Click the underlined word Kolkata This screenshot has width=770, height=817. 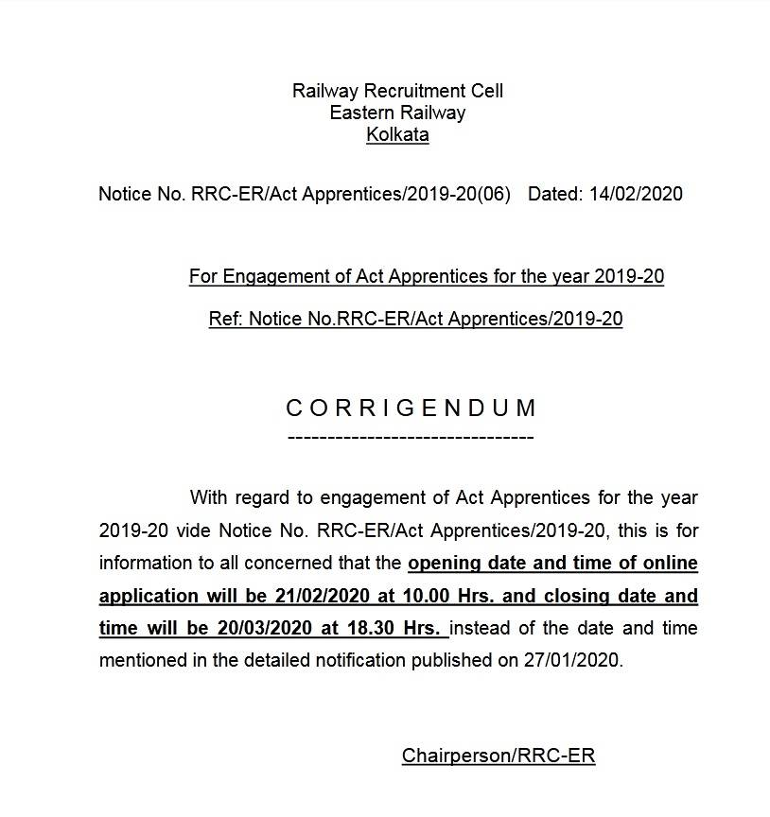pos(397,134)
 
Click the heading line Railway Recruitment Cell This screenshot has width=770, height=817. pos(397,91)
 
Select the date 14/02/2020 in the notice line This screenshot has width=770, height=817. pos(635,194)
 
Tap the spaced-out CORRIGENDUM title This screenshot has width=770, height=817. pos(411,408)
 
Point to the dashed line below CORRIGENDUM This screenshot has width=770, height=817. pos(410,437)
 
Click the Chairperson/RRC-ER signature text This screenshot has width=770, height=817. pos(499,756)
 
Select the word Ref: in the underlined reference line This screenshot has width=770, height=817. pos(226,319)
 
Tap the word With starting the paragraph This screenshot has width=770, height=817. pos(208,497)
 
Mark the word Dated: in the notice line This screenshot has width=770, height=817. pos(555,194)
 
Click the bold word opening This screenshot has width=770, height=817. pos(442,564)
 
